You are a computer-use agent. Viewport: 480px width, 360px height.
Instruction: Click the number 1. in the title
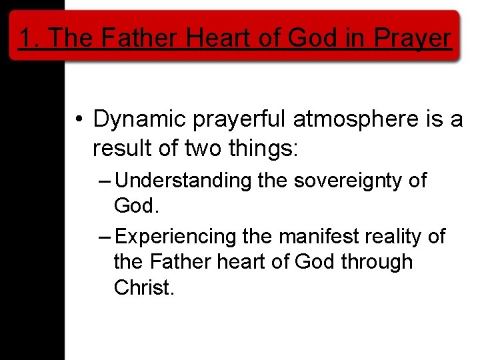coord(29,38)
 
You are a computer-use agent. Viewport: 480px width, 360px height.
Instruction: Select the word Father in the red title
coord(141,38)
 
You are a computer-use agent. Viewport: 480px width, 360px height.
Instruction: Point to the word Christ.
coord(144,287)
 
